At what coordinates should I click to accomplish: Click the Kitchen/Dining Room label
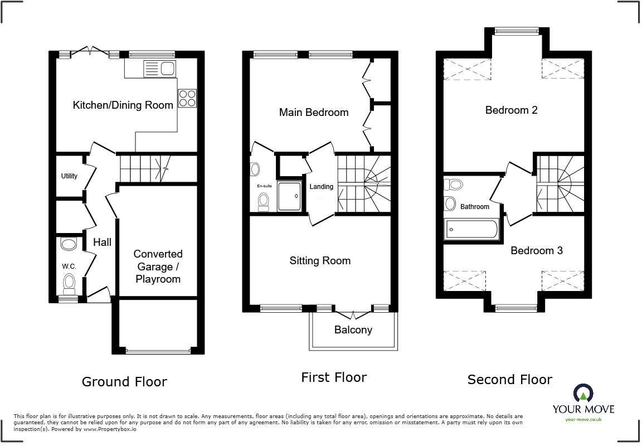click(x=123, y=105)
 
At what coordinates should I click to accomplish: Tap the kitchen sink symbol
click(x=160, y=69)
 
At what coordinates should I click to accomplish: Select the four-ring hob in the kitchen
click(x=187, y=98)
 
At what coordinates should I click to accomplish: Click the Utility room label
click(x=69, y=176)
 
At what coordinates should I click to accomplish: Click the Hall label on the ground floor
click(x=102, y=242)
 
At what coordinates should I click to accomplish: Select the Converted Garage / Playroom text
click(x=158, y=266)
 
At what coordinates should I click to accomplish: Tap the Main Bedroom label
click(x=313, y=112)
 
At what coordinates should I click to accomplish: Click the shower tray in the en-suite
click(x=289, y=196)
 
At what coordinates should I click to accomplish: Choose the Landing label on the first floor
click(x=321, y=187)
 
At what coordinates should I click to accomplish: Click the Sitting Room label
click(x=320, y=260)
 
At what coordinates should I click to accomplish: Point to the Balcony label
click(x=353, y=329)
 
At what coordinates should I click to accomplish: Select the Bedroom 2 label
click(x=511, y=110)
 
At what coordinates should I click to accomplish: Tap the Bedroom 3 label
click(x=536, y=250)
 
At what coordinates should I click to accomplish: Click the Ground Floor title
click(x=124, y=382)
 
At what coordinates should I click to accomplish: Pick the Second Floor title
click(x=509, y=380)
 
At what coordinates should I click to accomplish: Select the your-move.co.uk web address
click(x=583, y=419)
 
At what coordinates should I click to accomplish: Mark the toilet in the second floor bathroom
click(x=455, y=184)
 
